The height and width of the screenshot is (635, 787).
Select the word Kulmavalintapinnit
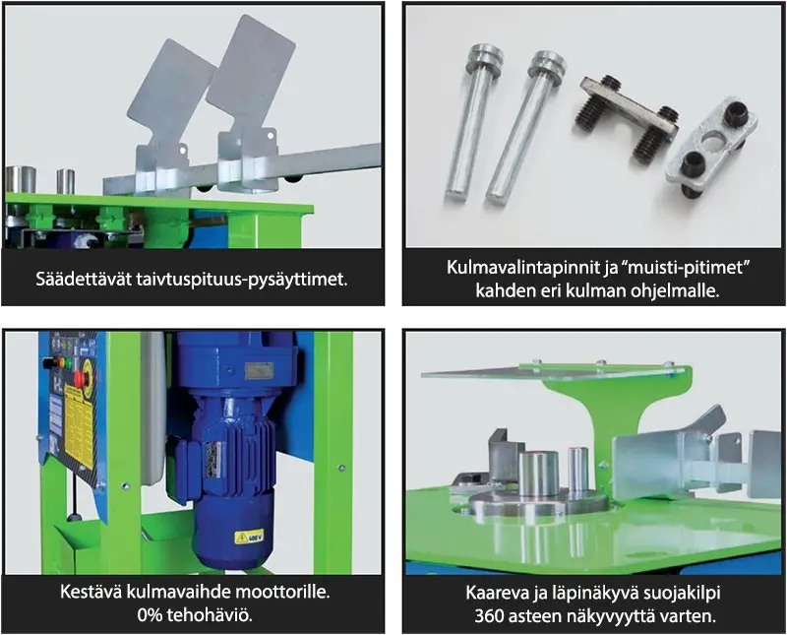pyautogui.click(x=522, y=267)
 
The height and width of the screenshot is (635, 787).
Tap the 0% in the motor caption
pyautogui.click(x=150, y=615)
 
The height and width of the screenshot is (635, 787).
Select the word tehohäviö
pyautogui.click(x=209, y=615)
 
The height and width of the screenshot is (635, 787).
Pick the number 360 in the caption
pyautogui.click(x=489, y=616)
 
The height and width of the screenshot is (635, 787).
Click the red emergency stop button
pyautogui.click(x=80, y=378)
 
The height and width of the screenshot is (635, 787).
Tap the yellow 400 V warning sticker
pyautogui.click(x=249, y=537)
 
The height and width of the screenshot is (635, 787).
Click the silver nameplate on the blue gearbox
pyautogui.click(x=259, y=371)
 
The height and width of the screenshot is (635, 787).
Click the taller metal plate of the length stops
pyautogui.click(x=250, y=100)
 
